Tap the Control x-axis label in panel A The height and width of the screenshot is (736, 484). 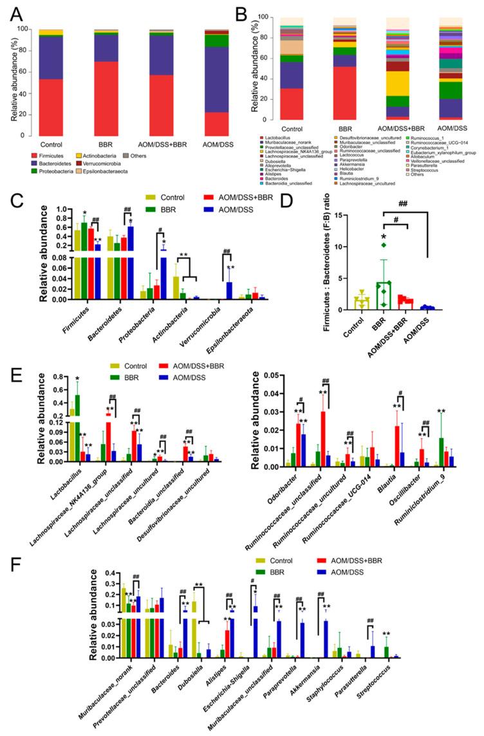pos(51,143)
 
